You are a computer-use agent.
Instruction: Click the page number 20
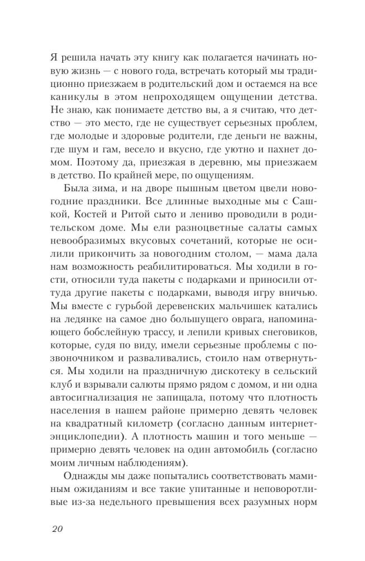(x=58, y=529)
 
